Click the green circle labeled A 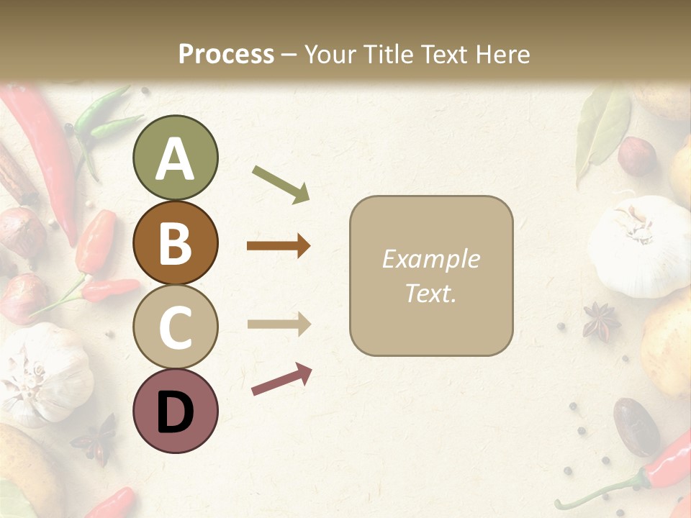click(x=175, y=158)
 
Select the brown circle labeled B click(x=175, y=242)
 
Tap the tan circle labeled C click(x=175, y=327)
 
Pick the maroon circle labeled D click(x=175, y=411)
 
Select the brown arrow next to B click(x=279, y=246)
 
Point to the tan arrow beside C click(x=279, y=324)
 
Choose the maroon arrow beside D click(x=281, y=379)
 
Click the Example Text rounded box click(x=431, y=276)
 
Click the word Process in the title click(x=226, y=54)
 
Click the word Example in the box click(x=430, y=259)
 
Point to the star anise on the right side click(x=600, y=321)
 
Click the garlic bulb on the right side click(x=636, y=245)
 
